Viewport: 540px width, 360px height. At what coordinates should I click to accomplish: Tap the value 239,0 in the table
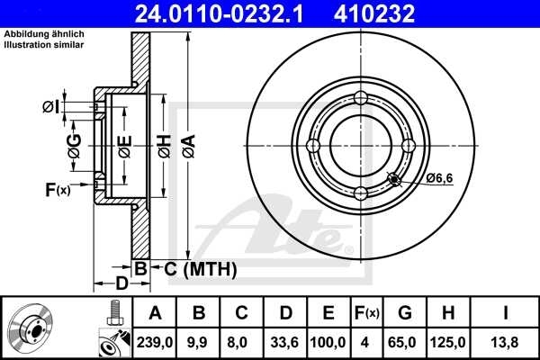(x=155, y=343)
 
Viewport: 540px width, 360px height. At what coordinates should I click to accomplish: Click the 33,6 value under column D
(x=285, y=343)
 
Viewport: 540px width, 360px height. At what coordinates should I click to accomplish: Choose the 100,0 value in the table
(x=328, y=343)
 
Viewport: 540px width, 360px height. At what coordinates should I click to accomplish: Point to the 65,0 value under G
(x=405, y=343)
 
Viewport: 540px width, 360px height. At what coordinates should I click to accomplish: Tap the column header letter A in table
(x=155, y=313)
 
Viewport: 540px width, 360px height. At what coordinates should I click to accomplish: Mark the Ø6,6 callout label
(x=439, y=177)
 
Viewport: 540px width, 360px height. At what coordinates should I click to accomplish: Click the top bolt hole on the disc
(x=361, y=98)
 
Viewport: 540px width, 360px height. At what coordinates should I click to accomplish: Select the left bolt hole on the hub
(x=313, y=146)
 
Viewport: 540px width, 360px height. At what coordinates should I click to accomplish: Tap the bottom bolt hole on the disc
(x=361, y=193)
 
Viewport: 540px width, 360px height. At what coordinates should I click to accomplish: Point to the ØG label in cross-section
(x=75, y=145)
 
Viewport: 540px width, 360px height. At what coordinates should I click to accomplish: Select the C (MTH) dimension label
(x=193, y=267)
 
